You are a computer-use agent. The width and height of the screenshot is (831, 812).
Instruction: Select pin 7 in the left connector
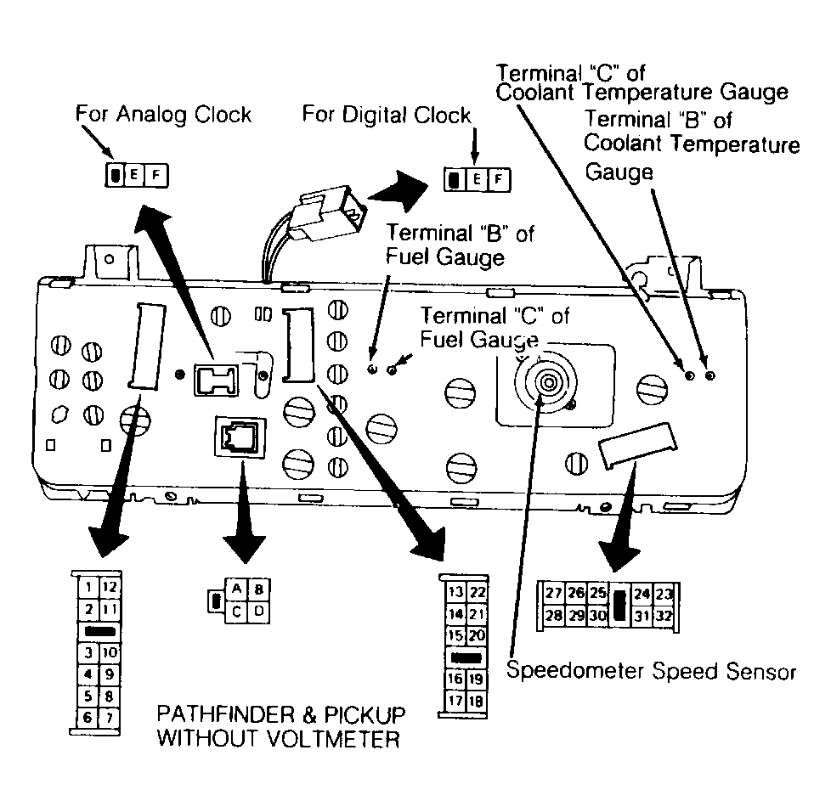coord(109,718)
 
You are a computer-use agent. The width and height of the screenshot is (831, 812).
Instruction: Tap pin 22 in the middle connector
coord(477,592)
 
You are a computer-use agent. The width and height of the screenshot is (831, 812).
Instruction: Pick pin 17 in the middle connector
coord(455,701)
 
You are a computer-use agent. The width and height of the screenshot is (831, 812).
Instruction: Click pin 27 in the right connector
coord(554,593)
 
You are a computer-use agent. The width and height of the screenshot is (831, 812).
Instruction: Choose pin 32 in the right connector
coord(664,616)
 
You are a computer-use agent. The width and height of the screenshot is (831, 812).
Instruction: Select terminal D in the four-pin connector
coord(258,612)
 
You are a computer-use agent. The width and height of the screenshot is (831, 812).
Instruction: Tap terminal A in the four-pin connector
coord(236,589)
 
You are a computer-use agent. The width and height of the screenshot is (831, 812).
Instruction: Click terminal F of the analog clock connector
coord(155,175)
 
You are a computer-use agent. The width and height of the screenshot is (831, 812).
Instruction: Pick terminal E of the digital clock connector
coord(477,179)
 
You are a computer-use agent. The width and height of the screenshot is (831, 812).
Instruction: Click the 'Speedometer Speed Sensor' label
coord(652,672)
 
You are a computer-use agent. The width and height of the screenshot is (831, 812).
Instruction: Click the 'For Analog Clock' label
coord(163,115)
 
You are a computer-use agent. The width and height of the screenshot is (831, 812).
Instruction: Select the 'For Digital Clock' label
coord(387,115)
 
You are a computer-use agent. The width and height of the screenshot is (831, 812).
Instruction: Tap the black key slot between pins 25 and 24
coord(619,605)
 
